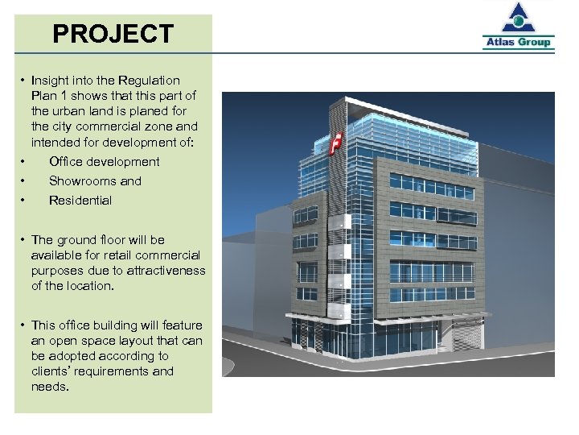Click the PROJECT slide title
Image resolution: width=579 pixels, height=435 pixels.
(x=113, y=35)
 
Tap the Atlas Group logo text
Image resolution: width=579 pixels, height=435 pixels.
(x=519, y=42)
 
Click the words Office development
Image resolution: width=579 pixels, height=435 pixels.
(x=104, y=162)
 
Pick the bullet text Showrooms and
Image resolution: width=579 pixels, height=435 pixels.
(x=95, y=181)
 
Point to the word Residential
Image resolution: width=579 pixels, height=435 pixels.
(x=80, y=201)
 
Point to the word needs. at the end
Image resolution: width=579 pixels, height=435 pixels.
(x=50, y=387)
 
